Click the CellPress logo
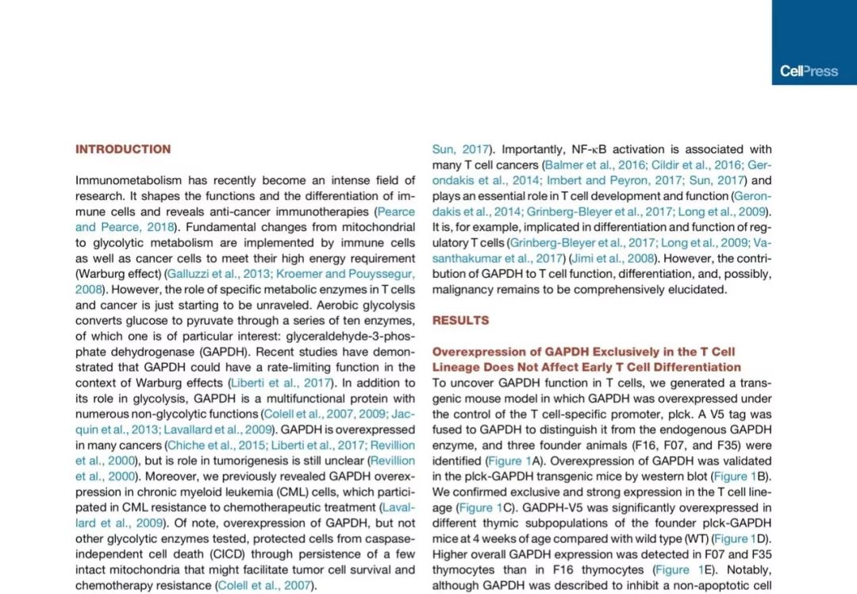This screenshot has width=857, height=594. click(809, 71)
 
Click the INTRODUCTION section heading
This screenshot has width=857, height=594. click(123, 149)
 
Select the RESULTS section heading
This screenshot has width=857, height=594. click(460, 321)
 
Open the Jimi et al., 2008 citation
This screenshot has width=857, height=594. click(613, 258)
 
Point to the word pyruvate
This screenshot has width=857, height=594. click(194, 321)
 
